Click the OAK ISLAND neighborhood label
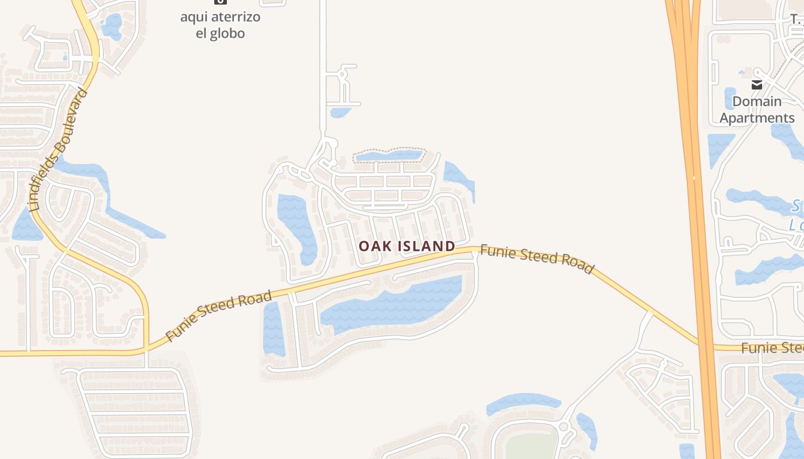[x=407, y=246]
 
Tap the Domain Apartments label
[x=757, y=110]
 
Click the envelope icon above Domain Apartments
[x=757, y=85]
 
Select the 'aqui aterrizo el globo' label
[x=220, y=25]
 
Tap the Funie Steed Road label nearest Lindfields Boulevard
[x=218, y=316]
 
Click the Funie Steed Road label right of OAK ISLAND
[x=536, y=259]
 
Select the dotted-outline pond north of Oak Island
[x=389, y=155]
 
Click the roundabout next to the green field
[x=563, y=427]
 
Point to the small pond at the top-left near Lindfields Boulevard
[x=111, y=25]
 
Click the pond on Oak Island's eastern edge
[x=459, y=180]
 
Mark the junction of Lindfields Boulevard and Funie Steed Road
[x=146, y=347]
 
